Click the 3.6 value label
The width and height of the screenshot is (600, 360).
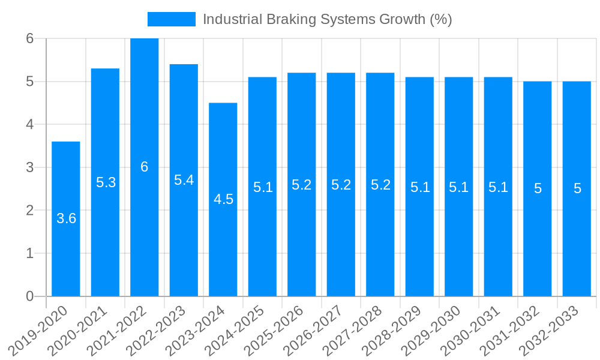point(66,218)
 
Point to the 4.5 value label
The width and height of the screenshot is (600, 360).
point(223,199)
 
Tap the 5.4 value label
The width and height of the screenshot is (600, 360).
point(184,179)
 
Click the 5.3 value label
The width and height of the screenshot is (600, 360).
point(106,182)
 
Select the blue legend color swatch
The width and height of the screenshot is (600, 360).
point(172,19)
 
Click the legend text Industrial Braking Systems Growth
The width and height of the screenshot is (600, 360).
point(327,19)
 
